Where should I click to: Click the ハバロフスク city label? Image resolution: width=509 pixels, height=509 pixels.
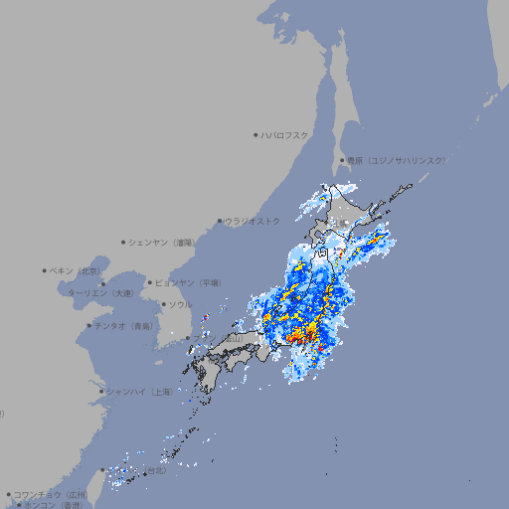285,134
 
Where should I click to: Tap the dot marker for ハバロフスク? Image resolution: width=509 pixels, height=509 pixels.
255,134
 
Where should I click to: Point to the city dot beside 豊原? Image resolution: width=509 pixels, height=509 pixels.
342,160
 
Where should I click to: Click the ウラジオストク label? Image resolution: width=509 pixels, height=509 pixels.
253,221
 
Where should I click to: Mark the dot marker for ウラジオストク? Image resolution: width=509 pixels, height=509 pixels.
220,221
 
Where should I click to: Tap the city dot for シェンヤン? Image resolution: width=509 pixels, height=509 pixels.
124,242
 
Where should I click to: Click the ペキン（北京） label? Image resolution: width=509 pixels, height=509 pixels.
78,270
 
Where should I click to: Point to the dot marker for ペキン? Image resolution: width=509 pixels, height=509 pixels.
45,270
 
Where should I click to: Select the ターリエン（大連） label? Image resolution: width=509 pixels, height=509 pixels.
99,293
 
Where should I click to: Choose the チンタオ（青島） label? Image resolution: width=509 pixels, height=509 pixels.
125,325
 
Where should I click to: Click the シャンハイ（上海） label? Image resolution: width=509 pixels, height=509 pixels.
140,392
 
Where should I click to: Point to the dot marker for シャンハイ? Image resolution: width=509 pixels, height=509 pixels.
101,392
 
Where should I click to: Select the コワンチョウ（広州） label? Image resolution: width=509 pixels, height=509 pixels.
51,494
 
